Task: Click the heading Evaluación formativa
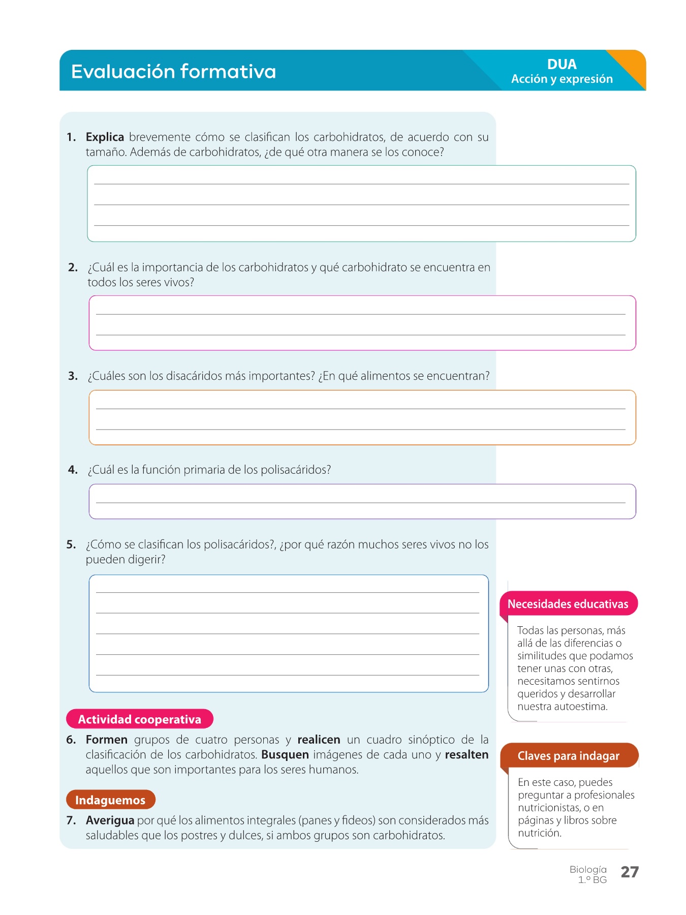pyautogui.click(x=173, y=72)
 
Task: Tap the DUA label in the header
pyautogui.click(x=562, y=65)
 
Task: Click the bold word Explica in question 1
pyautogui.click(x=105, y=137)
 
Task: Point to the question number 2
pyautogui.click(x=73, y=267)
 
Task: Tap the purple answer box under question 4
pyautogui.click(x=362, y=501)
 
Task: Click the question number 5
pyautogui.click(x=71, y=544)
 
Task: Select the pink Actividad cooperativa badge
pyautogui.click(x=140, y=719)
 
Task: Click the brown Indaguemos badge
pyautogui.click(x=110, y=800)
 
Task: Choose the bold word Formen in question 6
pyautogui.click(x=107, y=740)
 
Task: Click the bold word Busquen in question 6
pyautogui.click(x=285, y=755)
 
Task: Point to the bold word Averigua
pyautogui.click(x=110, y=820)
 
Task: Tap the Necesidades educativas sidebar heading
pyautogui.click(x=568, y=604)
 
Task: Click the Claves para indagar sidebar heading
pyautogui.click(x=568, y=756)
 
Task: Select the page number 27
pyautogui.click(x=630, y=872)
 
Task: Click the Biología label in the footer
pyautogui.click(x=588, y=870)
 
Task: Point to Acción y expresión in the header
pyautogui.click(x=562, y=79)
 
